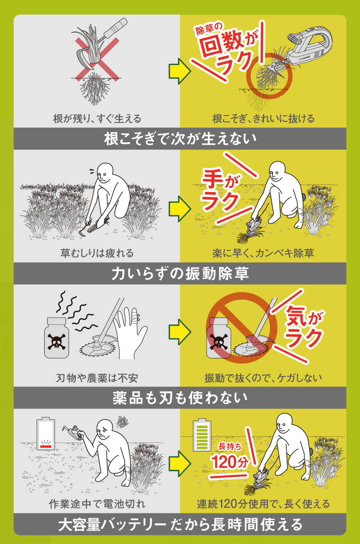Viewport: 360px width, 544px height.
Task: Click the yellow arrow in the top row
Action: point(180,71)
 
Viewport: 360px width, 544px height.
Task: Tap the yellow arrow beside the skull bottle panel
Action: point(180,332)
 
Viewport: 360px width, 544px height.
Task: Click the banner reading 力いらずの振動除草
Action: point(180,273)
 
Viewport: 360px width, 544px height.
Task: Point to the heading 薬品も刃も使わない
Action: point(180,398)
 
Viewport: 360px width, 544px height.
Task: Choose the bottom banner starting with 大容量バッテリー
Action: point(180,525)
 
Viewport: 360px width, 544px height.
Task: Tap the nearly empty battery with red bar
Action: point(45,434)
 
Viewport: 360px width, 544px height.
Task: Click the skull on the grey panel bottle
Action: point(57,342)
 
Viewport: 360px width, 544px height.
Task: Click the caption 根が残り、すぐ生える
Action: point(97,119)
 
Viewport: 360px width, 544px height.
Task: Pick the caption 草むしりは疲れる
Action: point(97,253)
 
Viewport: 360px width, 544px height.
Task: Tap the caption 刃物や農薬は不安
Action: point(97,378)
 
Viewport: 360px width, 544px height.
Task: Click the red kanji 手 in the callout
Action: point(213,180)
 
